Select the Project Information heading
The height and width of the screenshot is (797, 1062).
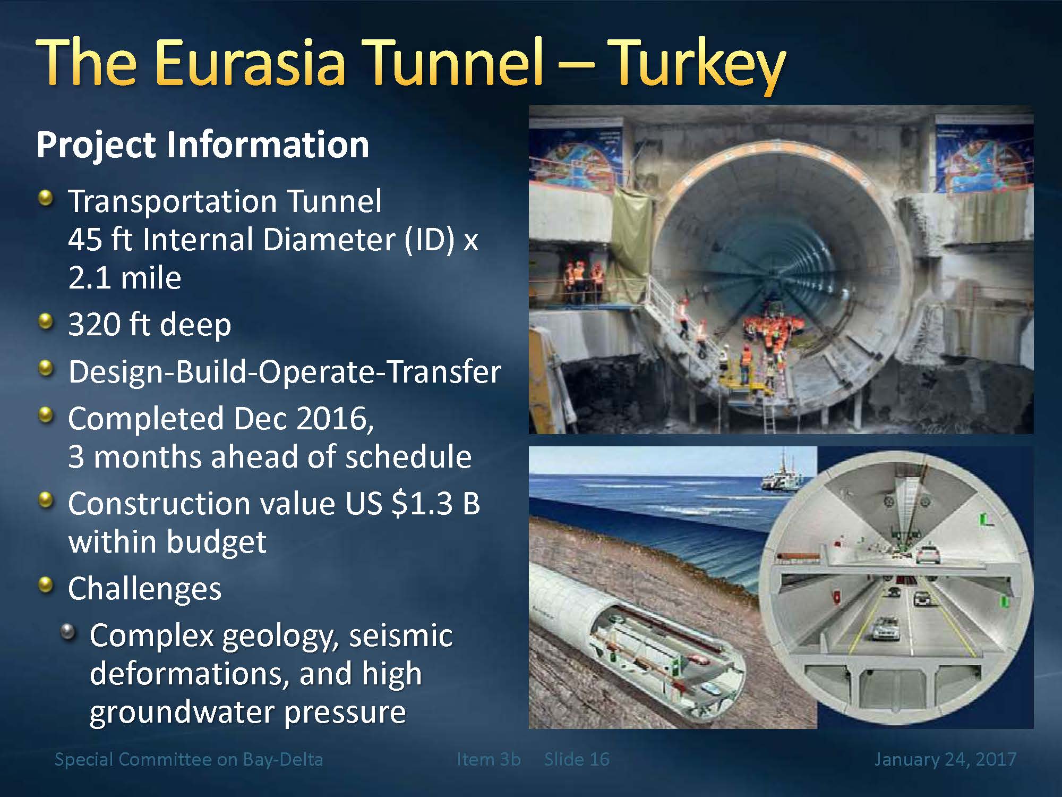[202, 145]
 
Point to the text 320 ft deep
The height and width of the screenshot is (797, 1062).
[150, 325]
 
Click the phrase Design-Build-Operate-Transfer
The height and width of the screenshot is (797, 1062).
[285, 372]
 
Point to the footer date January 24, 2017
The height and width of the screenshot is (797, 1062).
[945, 759]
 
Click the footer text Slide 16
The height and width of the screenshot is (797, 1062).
[577, 759]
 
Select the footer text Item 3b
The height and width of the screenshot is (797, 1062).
[489, 759]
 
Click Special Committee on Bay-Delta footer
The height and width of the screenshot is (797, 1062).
[189, 759]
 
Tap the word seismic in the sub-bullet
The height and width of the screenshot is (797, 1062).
[400, 636]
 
